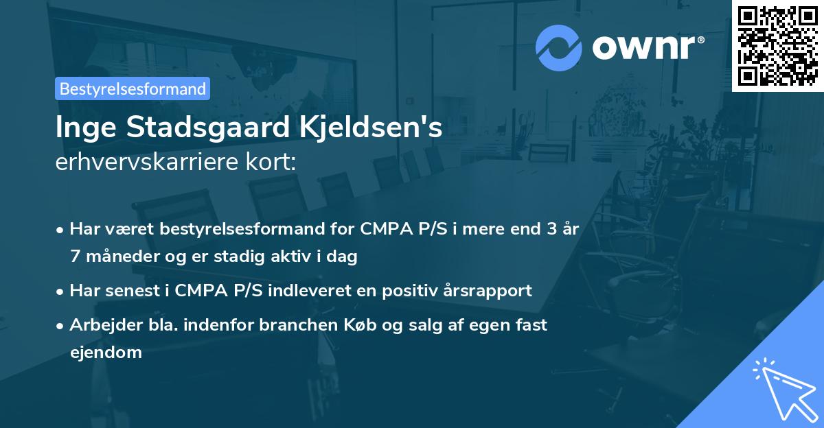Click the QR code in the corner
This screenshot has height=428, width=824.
tap(777, 45)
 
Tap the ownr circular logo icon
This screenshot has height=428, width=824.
tap(558, 48)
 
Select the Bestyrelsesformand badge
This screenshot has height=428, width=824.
tap(133, 88)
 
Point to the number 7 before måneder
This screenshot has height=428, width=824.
tap(75, 257)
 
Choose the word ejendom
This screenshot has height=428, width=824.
tap(106, 353)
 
